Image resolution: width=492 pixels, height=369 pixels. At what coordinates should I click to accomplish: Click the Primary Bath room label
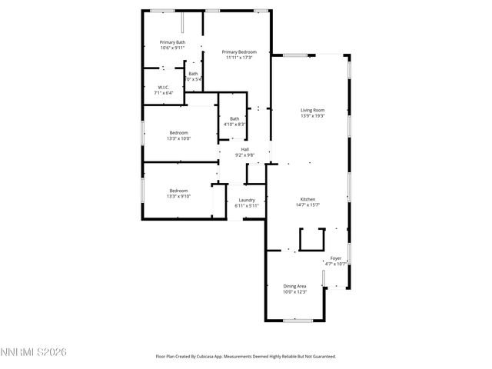coord(172,42)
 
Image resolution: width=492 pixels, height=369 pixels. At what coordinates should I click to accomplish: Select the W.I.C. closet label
coord(164,88)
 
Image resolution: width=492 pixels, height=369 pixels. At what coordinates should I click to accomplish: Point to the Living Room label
coord(312,110)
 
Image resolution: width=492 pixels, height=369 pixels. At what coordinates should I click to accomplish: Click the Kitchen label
coord(307,199)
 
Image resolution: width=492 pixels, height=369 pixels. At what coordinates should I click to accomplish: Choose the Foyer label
coord(336,258)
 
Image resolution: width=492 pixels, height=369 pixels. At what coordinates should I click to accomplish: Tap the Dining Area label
coord(294,286)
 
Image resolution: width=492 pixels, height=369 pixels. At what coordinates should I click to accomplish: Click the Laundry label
coord(246,200)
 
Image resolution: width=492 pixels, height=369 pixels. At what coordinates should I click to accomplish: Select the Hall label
coord(244,149)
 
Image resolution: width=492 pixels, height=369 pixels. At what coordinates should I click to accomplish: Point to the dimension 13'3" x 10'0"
coord(178,139)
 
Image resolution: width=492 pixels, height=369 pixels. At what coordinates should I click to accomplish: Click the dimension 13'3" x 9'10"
coord(178,197)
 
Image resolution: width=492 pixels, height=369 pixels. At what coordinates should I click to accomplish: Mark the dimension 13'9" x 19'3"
coord(312,116)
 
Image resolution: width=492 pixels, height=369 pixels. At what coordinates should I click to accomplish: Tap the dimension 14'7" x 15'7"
coord(307,205)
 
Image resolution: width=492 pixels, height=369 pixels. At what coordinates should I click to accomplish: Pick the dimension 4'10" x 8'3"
coord(234,125)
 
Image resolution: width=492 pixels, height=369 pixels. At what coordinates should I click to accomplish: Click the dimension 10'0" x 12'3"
coord(294,292)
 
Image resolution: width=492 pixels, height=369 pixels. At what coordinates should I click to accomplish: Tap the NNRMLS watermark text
coord(34,352)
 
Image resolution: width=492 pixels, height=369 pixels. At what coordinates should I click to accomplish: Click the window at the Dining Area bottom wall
coord(297,320)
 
